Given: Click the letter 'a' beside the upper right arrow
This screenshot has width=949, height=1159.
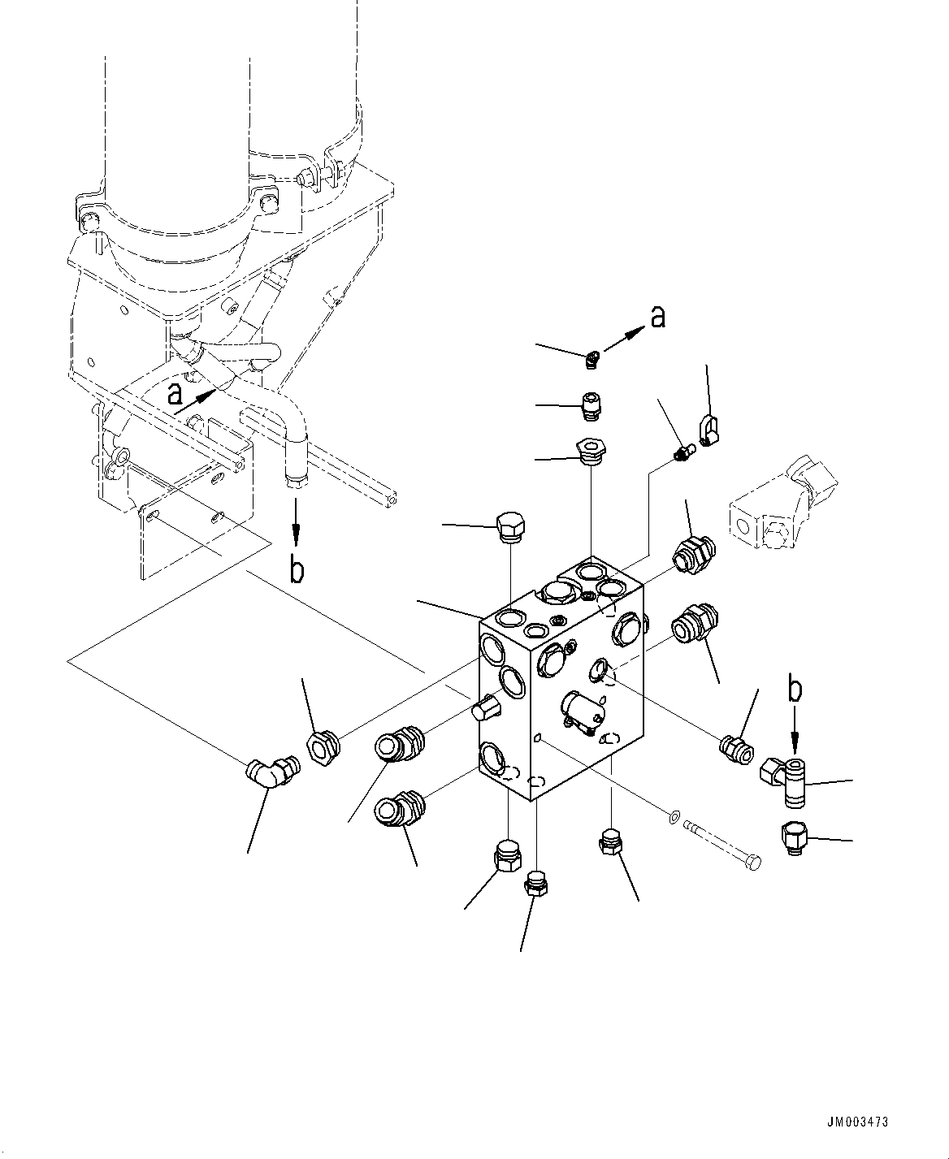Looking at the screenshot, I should pos(657,317).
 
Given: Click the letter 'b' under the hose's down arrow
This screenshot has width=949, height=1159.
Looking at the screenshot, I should pos(297,570).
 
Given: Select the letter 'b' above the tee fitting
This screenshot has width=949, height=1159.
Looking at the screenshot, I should pos(795,689).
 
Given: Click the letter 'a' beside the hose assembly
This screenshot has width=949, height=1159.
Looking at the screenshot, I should pos(174,395).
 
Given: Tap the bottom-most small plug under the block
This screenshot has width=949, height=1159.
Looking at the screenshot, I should pos(535,883).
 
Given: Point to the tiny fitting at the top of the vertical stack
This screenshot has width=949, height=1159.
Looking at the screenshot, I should pos(592,358).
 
